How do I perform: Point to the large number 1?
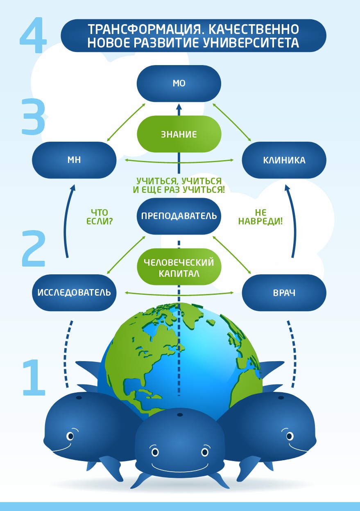(x=34, y=378)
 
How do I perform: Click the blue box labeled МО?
(x=179, y=84)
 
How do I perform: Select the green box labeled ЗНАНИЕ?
(x=179, y=134)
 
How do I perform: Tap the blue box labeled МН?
(x=74, y=160)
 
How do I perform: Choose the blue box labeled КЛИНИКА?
(x=284, y=160)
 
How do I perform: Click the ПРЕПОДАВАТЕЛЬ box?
(x=179, y=216)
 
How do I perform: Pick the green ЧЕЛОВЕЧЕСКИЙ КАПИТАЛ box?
(x=179, y=267)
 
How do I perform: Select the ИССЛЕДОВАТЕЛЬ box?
(x=74, y=293)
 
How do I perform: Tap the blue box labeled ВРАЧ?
(x=284, y=293)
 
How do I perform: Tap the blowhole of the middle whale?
(x=179, y=415)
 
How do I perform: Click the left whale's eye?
(x=70, y=436)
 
